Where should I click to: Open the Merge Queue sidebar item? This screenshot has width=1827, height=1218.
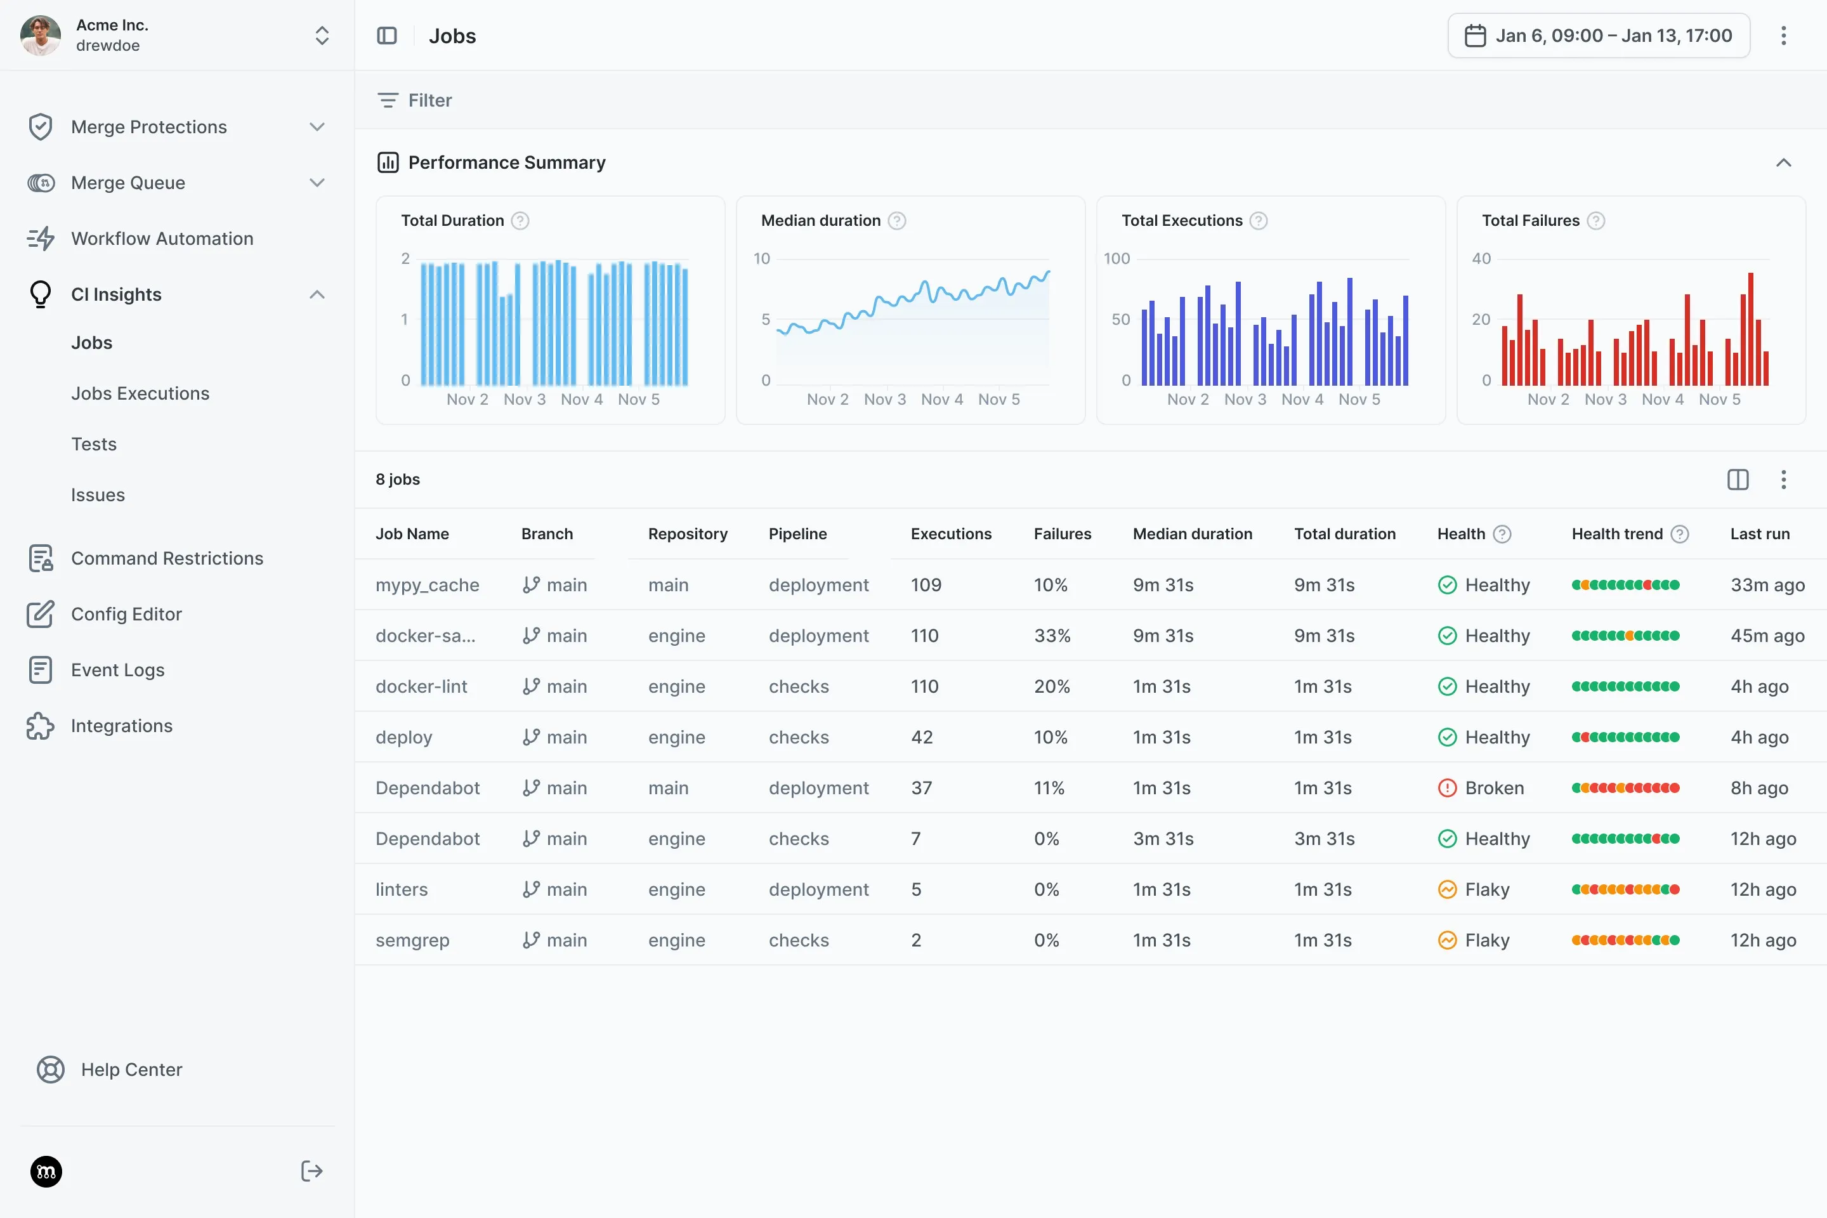tap(128, 183)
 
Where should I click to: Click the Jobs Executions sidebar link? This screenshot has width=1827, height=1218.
tap(140, 393)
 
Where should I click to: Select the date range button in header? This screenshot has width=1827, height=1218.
tap(1598, 36)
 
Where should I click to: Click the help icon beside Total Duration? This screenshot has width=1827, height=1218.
tap(520, 221)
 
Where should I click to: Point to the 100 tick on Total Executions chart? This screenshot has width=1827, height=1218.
tap(1116, 259)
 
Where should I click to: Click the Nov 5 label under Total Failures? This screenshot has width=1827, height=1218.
tap(1719, 399)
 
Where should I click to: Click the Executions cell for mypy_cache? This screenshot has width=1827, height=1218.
tap(926, 585)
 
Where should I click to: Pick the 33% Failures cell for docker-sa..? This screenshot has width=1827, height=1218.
tap(1052, 636)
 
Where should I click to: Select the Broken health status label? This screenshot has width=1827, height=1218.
tap(1494, 788)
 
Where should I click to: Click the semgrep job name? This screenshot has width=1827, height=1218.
tap(412, 940)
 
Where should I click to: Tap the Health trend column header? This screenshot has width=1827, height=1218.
tap(1616, 534)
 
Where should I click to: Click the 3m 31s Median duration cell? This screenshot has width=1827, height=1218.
tap(1163, 839)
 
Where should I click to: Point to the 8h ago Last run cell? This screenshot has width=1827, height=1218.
tap(1758, 788)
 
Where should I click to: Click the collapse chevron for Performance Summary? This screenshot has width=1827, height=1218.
tap(1783, 162)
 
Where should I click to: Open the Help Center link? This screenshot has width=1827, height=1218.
tap(131, 1070)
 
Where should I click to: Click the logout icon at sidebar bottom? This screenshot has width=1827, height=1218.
tap(311, 1170)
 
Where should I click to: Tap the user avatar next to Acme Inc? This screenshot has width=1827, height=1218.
tap(41, 36)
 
